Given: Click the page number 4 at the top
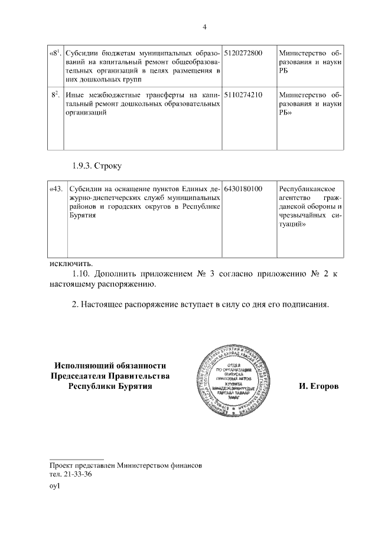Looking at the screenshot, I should coord(204,27).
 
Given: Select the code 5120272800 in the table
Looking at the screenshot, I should coord(243,53).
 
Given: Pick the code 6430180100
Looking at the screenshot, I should coord(243,189).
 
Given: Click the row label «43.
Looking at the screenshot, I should coord(56,189).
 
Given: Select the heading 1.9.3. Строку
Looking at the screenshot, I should coord(97,166).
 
